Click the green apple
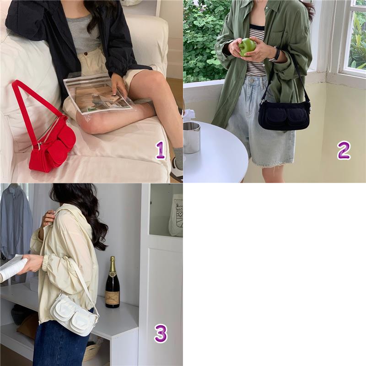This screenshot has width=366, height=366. point(248,47)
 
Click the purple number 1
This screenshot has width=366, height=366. point(161,151)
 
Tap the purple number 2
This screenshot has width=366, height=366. point(344,151)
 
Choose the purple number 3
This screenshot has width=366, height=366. point(161,334)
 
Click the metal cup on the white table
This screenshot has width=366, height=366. point(192,138)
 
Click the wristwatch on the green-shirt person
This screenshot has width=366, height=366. point(275,54)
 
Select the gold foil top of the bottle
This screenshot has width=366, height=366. point(113,264)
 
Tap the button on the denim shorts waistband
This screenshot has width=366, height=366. point(252,81)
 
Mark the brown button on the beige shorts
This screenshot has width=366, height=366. point(86,54)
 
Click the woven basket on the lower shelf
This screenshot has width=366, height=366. point(93,350)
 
